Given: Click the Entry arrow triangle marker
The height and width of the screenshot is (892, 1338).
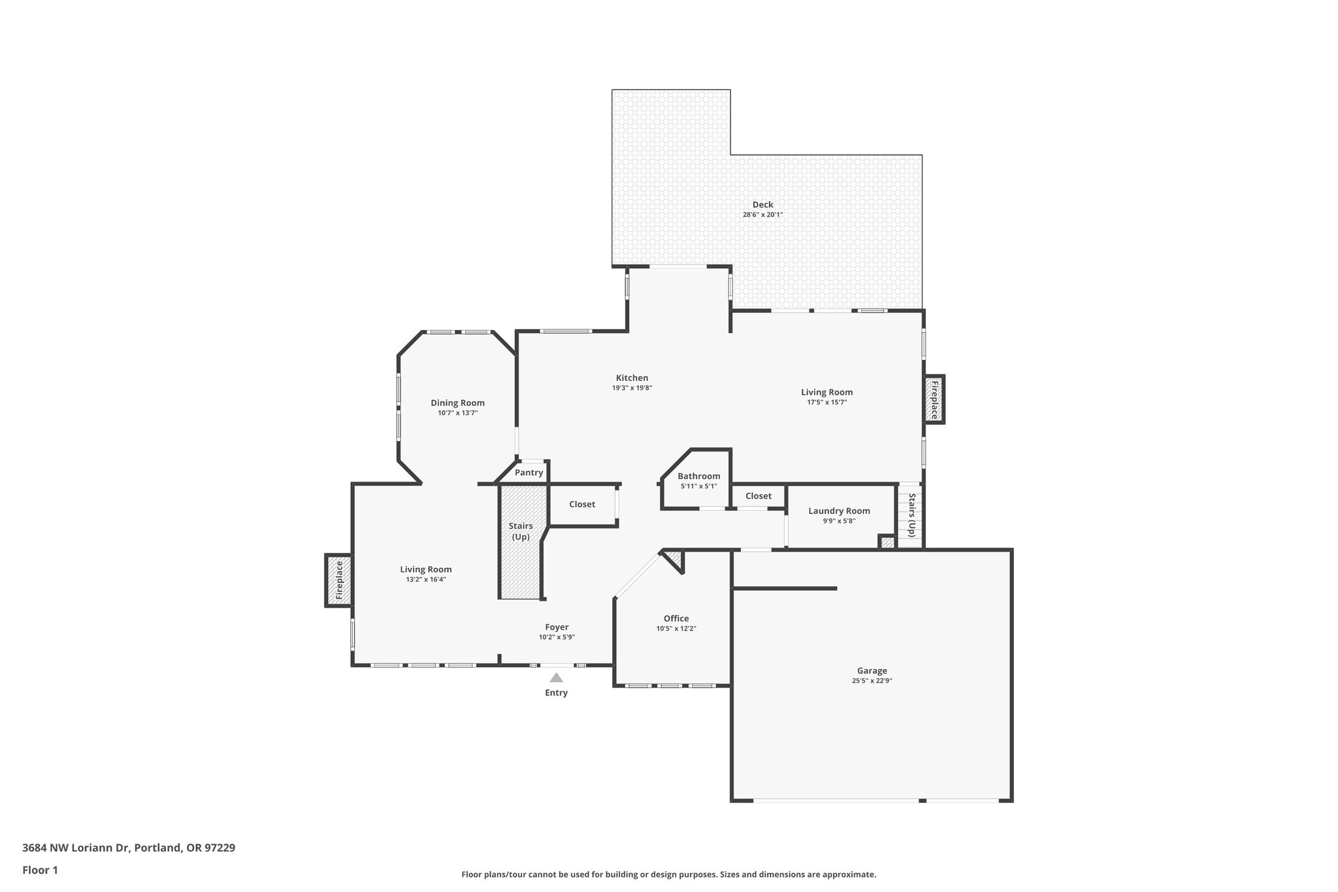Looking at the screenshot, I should coord(556,678).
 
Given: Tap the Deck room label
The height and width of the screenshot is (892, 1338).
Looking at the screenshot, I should coord(762,205).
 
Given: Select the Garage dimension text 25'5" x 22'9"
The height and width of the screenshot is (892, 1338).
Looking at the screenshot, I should coord(872,681).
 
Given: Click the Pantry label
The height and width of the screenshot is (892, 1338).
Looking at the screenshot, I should coord(529,472).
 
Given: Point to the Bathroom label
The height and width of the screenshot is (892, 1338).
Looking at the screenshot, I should coord(698,476).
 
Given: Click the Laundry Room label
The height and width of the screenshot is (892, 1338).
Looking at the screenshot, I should coord(839,511).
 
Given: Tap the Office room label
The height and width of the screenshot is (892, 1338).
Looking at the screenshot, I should coord(676,618).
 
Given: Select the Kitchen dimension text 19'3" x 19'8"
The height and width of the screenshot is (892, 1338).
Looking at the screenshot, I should coord(632,388).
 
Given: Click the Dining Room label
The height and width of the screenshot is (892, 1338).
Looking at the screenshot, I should coord(457,403).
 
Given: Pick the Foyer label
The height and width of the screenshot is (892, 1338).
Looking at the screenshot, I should coord(557,627).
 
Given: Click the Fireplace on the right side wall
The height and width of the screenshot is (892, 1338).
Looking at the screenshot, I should coord(934,400).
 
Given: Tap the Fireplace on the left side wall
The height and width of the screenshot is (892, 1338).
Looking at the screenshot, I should coord(339,580).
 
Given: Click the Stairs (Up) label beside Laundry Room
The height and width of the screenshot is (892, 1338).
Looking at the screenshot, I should coord(912,516).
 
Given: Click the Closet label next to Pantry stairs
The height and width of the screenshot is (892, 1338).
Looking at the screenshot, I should coord(581,504).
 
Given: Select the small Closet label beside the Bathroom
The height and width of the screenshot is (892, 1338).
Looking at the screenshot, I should coord(758,496).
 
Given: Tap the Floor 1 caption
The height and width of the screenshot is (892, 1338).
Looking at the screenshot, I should coord(40,870).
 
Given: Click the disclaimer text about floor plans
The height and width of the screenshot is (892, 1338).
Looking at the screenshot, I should coord(668,874).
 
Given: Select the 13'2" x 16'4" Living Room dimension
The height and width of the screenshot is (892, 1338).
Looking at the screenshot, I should coord(425,580).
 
